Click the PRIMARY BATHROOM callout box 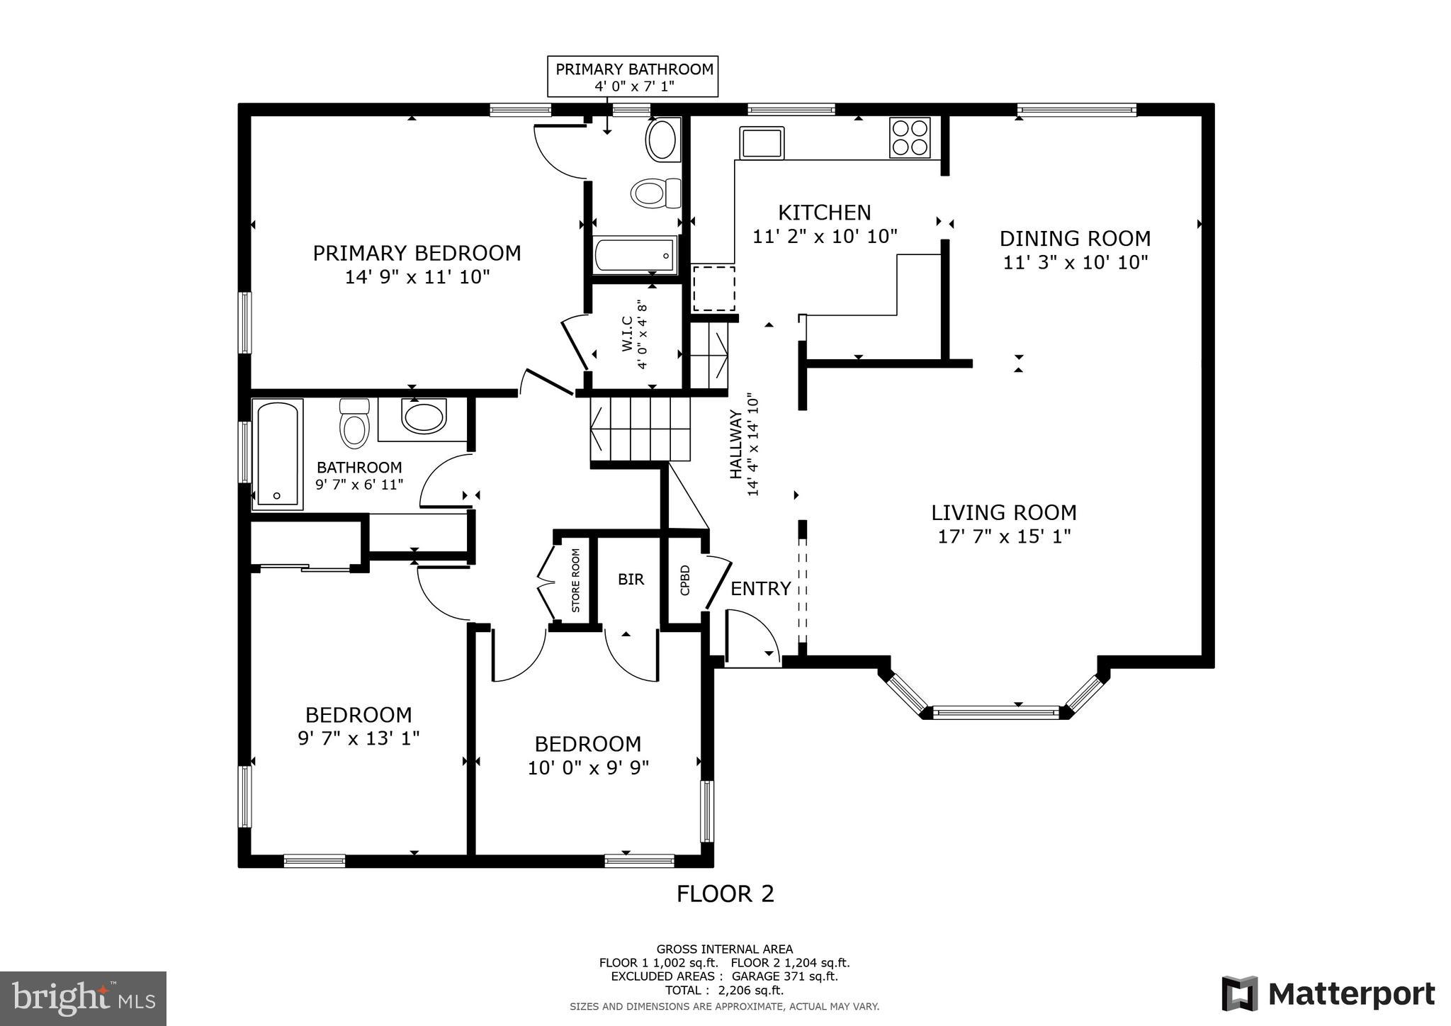(x=633, y=77)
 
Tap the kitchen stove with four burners (x=910, y=137)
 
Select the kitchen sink (x=762, y=143)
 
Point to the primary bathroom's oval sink (x=662, y=140)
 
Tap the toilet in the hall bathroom (x=354, y=425)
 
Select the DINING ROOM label (x=1075, y=238)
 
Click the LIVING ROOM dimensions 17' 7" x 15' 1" (x=1004, y=536)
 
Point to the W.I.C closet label (x=634, y=334)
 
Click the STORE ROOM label (x=575, y=580)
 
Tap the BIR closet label (x=631, y=580)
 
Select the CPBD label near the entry (x=684, y=580)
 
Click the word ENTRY (x=760, y=589)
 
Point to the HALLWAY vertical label (x=737, y=444)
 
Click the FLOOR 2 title (x=725, y=894)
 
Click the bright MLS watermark (x=84, y=998)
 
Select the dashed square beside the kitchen (x=713, y=288)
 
